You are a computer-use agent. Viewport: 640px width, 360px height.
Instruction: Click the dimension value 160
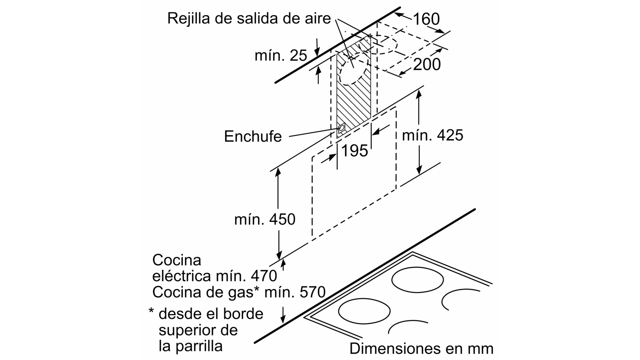[426, 19]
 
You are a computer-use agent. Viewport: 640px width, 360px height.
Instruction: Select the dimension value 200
[427, 64]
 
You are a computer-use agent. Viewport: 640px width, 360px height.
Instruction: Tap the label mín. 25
[281, 55]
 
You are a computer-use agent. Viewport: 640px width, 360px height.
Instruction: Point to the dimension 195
[354, 150]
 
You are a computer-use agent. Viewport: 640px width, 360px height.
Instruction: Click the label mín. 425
[432, 135]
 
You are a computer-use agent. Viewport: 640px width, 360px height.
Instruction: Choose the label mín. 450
[265, 220]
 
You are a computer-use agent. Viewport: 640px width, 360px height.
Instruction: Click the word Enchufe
[253, 136]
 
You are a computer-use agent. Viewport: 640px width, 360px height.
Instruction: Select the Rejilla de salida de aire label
[249, 18]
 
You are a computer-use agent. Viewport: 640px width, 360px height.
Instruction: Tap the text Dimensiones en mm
[422, 348]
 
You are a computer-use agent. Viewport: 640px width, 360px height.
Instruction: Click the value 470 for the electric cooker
[264, 276]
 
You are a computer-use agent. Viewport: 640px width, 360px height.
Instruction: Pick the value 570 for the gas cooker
[312, 292]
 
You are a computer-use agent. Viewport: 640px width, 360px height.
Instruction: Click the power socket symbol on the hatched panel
[341, 128]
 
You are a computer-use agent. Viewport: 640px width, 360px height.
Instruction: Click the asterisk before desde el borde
[152, 310]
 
